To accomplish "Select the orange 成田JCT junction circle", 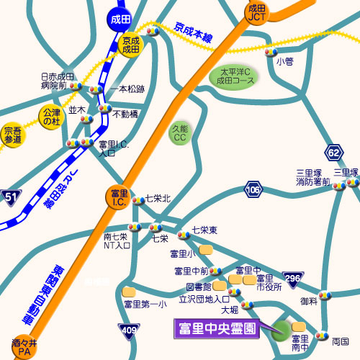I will coord(257,13).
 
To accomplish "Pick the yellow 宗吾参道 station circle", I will coord(12,135).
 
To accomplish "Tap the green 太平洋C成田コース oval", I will coord(234,75).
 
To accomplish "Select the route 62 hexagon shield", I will coord(333,152).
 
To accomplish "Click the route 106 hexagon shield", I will coord(252,190).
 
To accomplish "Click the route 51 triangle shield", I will coord(10,196).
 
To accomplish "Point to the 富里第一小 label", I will coord(145,305).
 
